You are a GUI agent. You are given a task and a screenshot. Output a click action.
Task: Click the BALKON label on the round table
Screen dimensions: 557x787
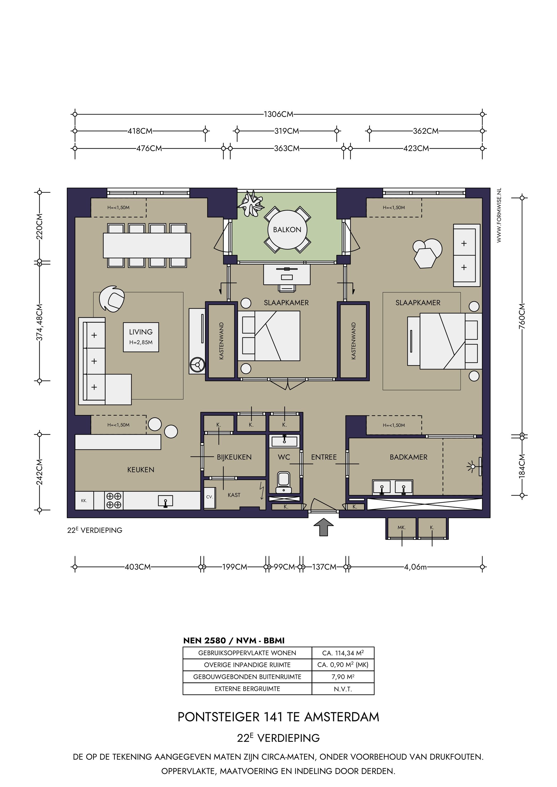click(x=287, y=230)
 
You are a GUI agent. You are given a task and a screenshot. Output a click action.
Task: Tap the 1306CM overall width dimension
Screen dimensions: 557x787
click(x=278, y=114)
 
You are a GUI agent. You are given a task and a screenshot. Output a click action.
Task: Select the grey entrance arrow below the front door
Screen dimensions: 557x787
click(x=323, y=527)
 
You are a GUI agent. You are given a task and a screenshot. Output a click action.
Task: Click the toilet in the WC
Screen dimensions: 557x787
click(x=284, y=483)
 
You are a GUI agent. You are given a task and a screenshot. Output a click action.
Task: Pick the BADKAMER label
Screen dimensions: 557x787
click(x=408, y=457)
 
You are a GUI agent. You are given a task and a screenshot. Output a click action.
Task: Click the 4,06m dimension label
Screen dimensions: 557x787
click(x=415, y=567)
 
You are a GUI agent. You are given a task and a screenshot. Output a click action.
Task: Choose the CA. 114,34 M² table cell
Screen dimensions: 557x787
click(x=343, y=653)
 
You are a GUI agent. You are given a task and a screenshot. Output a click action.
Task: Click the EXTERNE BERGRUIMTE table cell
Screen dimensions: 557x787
click(x=247, y=689)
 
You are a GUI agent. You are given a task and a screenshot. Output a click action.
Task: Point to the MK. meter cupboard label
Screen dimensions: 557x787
click(x=402, y=528)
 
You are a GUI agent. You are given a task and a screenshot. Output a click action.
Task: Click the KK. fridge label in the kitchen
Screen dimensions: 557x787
click(x=84, y=501)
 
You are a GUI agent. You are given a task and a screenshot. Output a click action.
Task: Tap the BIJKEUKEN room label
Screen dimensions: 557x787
click(x=234, y=457)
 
